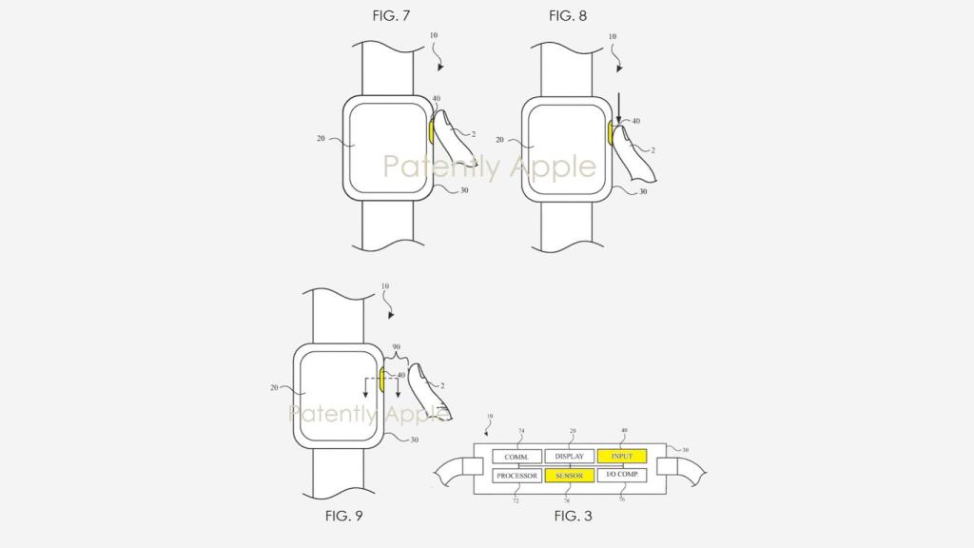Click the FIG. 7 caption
click(x=391, y=16)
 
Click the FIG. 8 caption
click(x=568, y=16)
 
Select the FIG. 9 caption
click(x=343, y=516)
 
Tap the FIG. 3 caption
click(x=573, y=516)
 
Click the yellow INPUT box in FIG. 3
click(x=622, y=456)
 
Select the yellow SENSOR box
click(x=569, y=476)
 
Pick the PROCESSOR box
click(x=516, y=476)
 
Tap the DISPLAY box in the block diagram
click(x=569, y=456)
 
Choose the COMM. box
click(x=516, y=456)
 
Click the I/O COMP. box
click(x=622, y=476)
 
